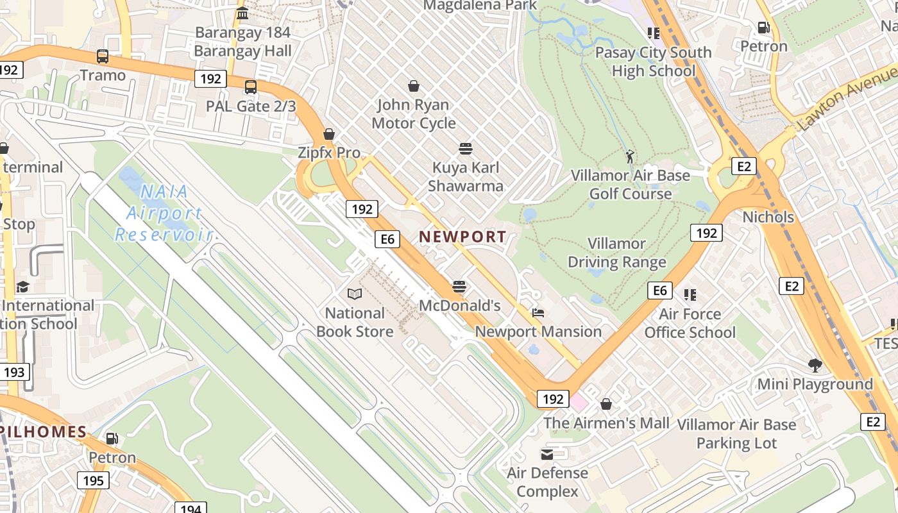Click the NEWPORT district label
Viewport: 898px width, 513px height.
tap(462, 237)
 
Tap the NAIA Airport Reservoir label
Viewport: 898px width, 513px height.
tap(164, 213)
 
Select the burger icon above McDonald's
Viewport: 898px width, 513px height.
tap(459, 286)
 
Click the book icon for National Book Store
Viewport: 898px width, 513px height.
tap(355, 294)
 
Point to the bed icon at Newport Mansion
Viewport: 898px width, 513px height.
tap(538, 313)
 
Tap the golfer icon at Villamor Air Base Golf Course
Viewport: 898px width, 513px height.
tap(630, 156)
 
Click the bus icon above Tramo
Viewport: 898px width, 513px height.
tap(103, 56)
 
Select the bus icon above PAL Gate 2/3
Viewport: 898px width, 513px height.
tap(251, 87)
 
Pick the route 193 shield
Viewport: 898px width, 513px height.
tap(14, 372)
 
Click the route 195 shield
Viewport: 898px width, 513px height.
tap(93, 480)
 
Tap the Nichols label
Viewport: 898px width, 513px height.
tap(768, 217)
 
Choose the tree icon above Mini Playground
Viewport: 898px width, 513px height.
tap(815, 366)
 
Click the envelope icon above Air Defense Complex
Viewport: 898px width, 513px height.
tap(547, 455)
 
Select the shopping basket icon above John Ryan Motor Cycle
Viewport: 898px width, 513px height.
tap(414, 86)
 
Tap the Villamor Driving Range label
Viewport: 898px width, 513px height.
tap(616, 253)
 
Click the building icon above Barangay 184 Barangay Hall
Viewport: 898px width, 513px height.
tap(242, 13)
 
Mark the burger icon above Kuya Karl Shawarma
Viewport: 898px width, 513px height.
tap(466, 149)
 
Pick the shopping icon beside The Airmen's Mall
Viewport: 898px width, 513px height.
tap(606, 404)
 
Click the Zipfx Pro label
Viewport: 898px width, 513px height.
tap(329, 153)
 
